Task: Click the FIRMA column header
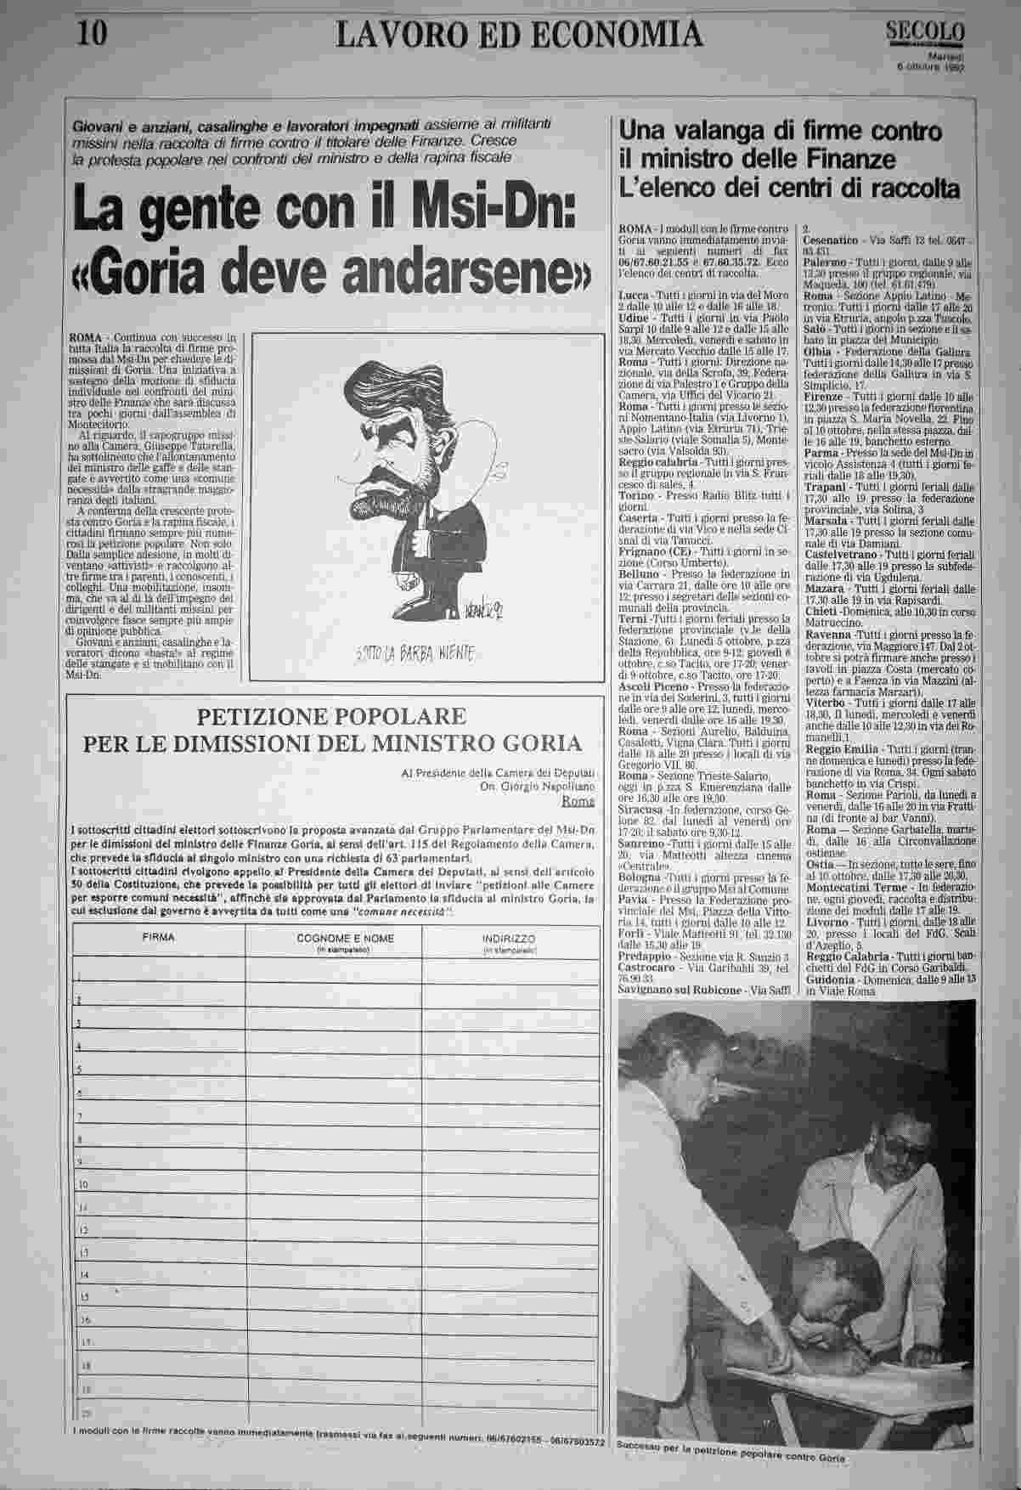point(159,938)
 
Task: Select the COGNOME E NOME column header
point(332,938)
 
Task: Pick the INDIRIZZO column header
point(506,938)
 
